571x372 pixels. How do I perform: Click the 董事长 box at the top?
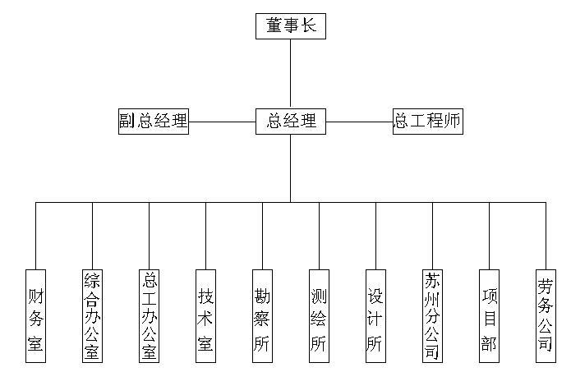pos(291,26)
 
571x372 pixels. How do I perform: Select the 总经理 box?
pos(291,122)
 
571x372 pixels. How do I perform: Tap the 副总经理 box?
pos(154,122)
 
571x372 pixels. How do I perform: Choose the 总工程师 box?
pos(427,122)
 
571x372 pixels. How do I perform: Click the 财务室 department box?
pos(35,316)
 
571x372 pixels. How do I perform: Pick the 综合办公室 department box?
pos(92,316)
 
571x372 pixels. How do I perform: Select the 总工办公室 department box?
pos(149,316)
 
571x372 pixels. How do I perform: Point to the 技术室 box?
pos(205,316)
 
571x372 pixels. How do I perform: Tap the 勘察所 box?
pos(262,316)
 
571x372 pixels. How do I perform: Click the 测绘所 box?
pos(319,316)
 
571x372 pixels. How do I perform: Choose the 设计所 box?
pos(375,316)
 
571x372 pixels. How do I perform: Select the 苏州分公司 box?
pos(432,316)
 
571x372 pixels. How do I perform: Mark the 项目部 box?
pos(489,316)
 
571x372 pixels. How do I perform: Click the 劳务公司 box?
pos(545,316)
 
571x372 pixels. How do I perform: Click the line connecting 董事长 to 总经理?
pos(291,74)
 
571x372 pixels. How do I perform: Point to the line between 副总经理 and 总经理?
pos(222,122)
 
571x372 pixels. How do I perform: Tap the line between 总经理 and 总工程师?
pos(359,122)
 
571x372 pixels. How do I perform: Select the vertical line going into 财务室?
pos(35,234)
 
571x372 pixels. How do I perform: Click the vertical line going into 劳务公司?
pos(545,234)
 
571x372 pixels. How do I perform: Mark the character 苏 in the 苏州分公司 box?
pos(432,282)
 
